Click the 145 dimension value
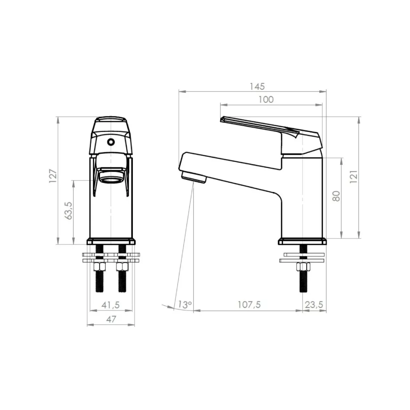tap(257, 86)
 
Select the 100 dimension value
tap(266, 99)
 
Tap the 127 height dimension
tap(53, 176)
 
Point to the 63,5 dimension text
tap(69, 210)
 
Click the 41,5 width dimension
tap(110, 305)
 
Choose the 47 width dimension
tap(111, 319)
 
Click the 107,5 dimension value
tap(249, 304)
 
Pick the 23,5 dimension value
tap(314, 304)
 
